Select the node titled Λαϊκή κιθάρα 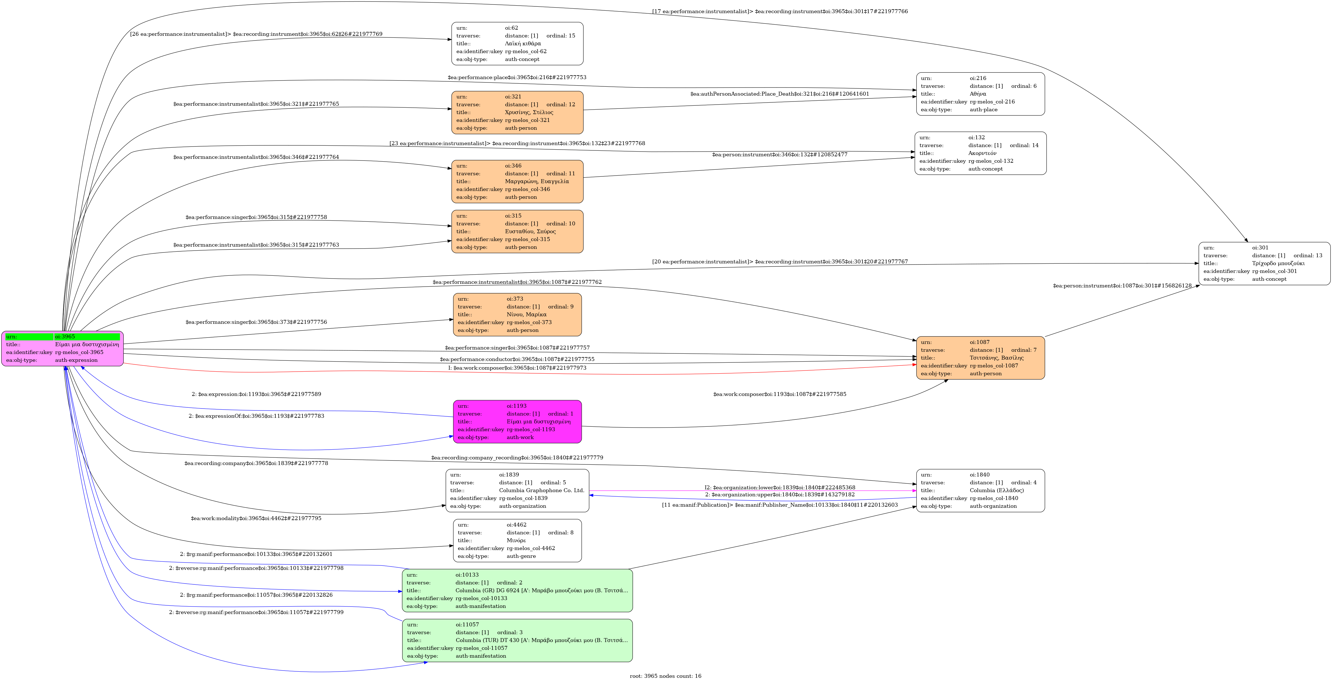[x=517, y=43]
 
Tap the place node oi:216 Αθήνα [x=980, y=94]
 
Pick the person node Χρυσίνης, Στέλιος [x=517, y=113]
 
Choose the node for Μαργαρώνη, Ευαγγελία [x=517, y=181]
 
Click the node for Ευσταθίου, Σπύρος [x=517, y=232]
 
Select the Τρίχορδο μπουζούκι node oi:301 [x=1264, y=263]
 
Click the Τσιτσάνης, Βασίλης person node [x=980, y=358]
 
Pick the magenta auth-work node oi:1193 [x=517, y=422]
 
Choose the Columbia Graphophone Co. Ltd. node [x=517, y=490]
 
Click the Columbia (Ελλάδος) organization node [x=980, y=490]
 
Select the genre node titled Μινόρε [x=517, y=541]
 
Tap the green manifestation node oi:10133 [x=517, y=591]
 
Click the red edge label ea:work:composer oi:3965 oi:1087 [x=517, y=368]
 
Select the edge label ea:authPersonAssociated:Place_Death [x=779, y=94]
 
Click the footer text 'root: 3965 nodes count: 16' [x=665, y=676]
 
